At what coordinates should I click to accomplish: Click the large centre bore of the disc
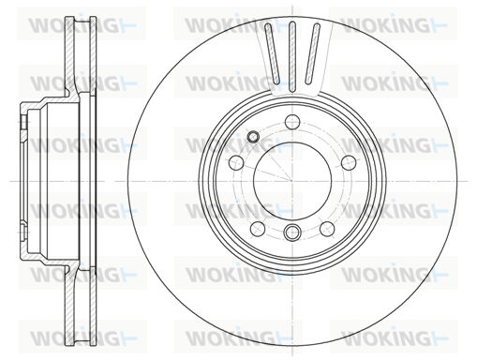[x=292, y=181]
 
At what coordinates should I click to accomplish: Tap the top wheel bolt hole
[x=292, y=121]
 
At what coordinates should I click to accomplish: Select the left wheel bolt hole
[x=236, y=162]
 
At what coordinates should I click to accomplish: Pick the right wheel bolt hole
[x=349, y=162]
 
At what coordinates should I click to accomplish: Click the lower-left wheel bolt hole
[x=258, y=229]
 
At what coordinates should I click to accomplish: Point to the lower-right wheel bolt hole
[x=327, y=229]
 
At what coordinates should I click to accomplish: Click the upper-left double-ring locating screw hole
[x=253, y=136]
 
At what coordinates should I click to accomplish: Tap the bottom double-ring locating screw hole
[x=292, y=232]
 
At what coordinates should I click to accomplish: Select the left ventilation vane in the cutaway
[x=273, y=53]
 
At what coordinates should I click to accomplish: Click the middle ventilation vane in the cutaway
[x=292, y=57]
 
